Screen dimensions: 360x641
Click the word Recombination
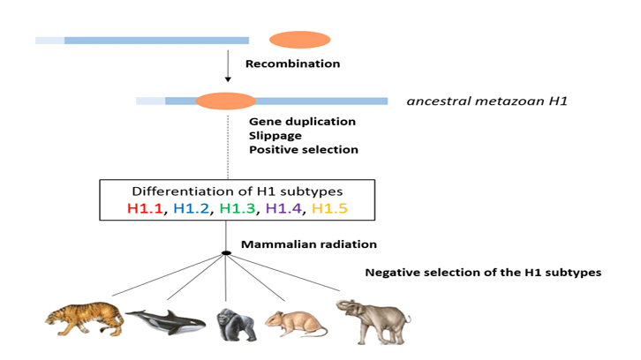point(292,64)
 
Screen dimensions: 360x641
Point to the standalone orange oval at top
point(299,40)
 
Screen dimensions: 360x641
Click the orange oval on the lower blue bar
point(226,101)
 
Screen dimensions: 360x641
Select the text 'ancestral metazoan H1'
point(486,101)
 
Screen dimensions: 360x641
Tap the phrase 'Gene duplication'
point(302,121)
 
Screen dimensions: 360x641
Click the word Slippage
point(275,135)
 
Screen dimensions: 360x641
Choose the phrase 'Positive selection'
point(304,150)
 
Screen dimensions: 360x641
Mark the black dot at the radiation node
point(227,253)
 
